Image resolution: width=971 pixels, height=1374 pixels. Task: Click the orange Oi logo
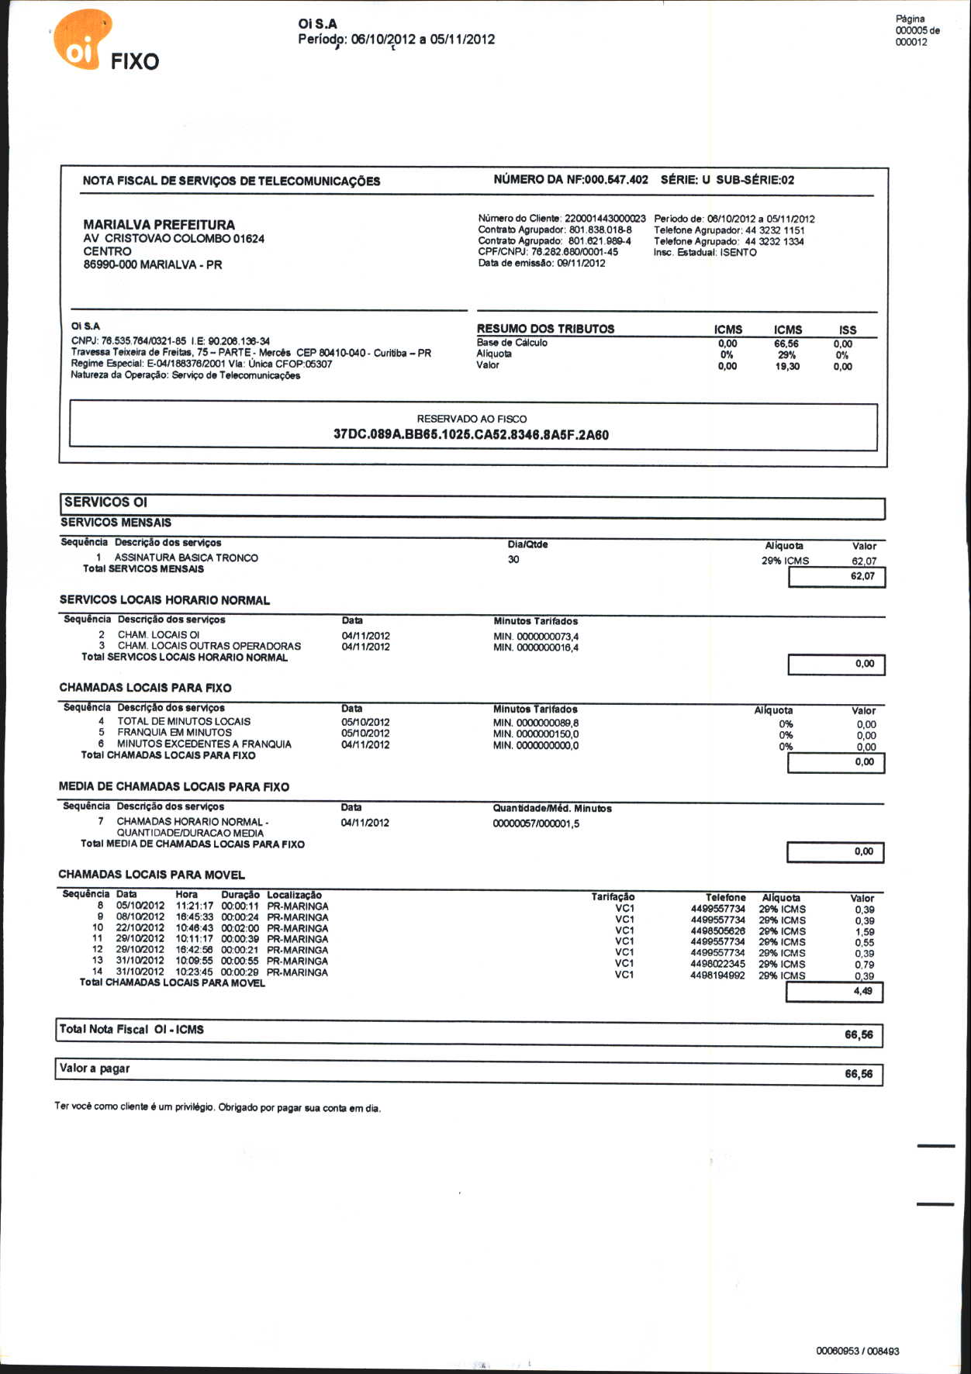[81, 40]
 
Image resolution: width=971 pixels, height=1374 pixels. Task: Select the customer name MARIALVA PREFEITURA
[159, 224]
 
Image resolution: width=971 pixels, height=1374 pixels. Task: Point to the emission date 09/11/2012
[581, 264]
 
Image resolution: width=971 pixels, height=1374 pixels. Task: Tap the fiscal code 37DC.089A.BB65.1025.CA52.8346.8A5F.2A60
[471, 435]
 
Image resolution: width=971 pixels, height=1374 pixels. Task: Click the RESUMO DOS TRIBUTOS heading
[545, 329]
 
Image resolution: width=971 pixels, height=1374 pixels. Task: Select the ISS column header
[848, 330]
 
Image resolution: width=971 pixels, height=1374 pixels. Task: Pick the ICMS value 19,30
[787, 367]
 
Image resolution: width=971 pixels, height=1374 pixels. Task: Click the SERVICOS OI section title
[105, 502]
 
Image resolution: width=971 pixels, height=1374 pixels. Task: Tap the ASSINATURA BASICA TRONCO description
[186, 558]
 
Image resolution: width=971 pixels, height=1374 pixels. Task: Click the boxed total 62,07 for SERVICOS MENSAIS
[862, 577]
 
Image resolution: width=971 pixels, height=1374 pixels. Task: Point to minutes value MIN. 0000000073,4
[536, 637]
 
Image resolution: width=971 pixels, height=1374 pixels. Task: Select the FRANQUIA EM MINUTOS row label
[175, 733]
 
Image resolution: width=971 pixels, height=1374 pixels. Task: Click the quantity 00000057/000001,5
[536, 823]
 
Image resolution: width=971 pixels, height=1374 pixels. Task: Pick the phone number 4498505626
[717, 931]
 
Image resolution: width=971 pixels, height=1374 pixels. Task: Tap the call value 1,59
[864, 932]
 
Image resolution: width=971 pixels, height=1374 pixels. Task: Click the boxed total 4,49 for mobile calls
[862, 991]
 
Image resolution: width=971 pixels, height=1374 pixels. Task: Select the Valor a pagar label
[95, 1068]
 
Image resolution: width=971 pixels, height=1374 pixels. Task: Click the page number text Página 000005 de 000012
[917, 30]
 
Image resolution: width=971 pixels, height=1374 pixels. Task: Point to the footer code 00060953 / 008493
[857, 1351]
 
